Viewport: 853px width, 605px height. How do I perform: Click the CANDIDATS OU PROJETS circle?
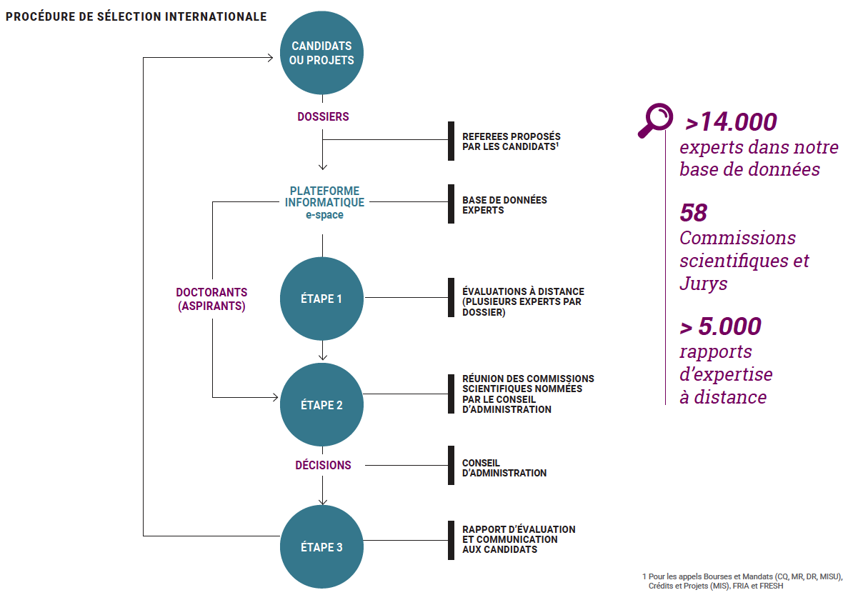tap(321, 53)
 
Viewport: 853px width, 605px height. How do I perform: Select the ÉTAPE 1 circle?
tap(321, 299)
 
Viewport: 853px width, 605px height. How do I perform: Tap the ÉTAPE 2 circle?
tap(321, 405)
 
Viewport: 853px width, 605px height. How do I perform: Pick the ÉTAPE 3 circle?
tap(321, 546)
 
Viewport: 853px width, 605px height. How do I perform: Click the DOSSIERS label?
tap(323, 116)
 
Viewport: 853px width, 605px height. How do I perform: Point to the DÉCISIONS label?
tap(323, 465)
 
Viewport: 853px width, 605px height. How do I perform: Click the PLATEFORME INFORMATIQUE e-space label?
tap(325, 202)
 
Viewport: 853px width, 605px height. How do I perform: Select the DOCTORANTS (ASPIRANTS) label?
tap(211, 299)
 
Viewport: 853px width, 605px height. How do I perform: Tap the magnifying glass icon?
tap(656, 120)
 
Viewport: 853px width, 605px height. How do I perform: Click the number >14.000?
tap(731, 122)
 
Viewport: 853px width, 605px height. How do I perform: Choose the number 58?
tap(694, 213)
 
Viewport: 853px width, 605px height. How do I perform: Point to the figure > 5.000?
tap(720, 326)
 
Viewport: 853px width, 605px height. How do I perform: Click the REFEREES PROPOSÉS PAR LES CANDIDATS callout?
tap(511, 141)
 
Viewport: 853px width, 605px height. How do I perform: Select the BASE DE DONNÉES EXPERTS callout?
tap(504, 205)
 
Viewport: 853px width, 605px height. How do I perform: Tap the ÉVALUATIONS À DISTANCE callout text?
tap(523, 302)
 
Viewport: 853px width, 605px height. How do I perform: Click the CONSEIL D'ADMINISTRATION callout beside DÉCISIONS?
tap(504, 468)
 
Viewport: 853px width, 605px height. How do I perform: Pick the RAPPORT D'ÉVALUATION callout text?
tap(519, 539)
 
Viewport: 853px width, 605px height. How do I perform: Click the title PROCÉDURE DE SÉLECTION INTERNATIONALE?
tap(136, 17)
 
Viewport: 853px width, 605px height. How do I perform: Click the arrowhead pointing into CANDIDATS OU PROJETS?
tap(270, 57)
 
